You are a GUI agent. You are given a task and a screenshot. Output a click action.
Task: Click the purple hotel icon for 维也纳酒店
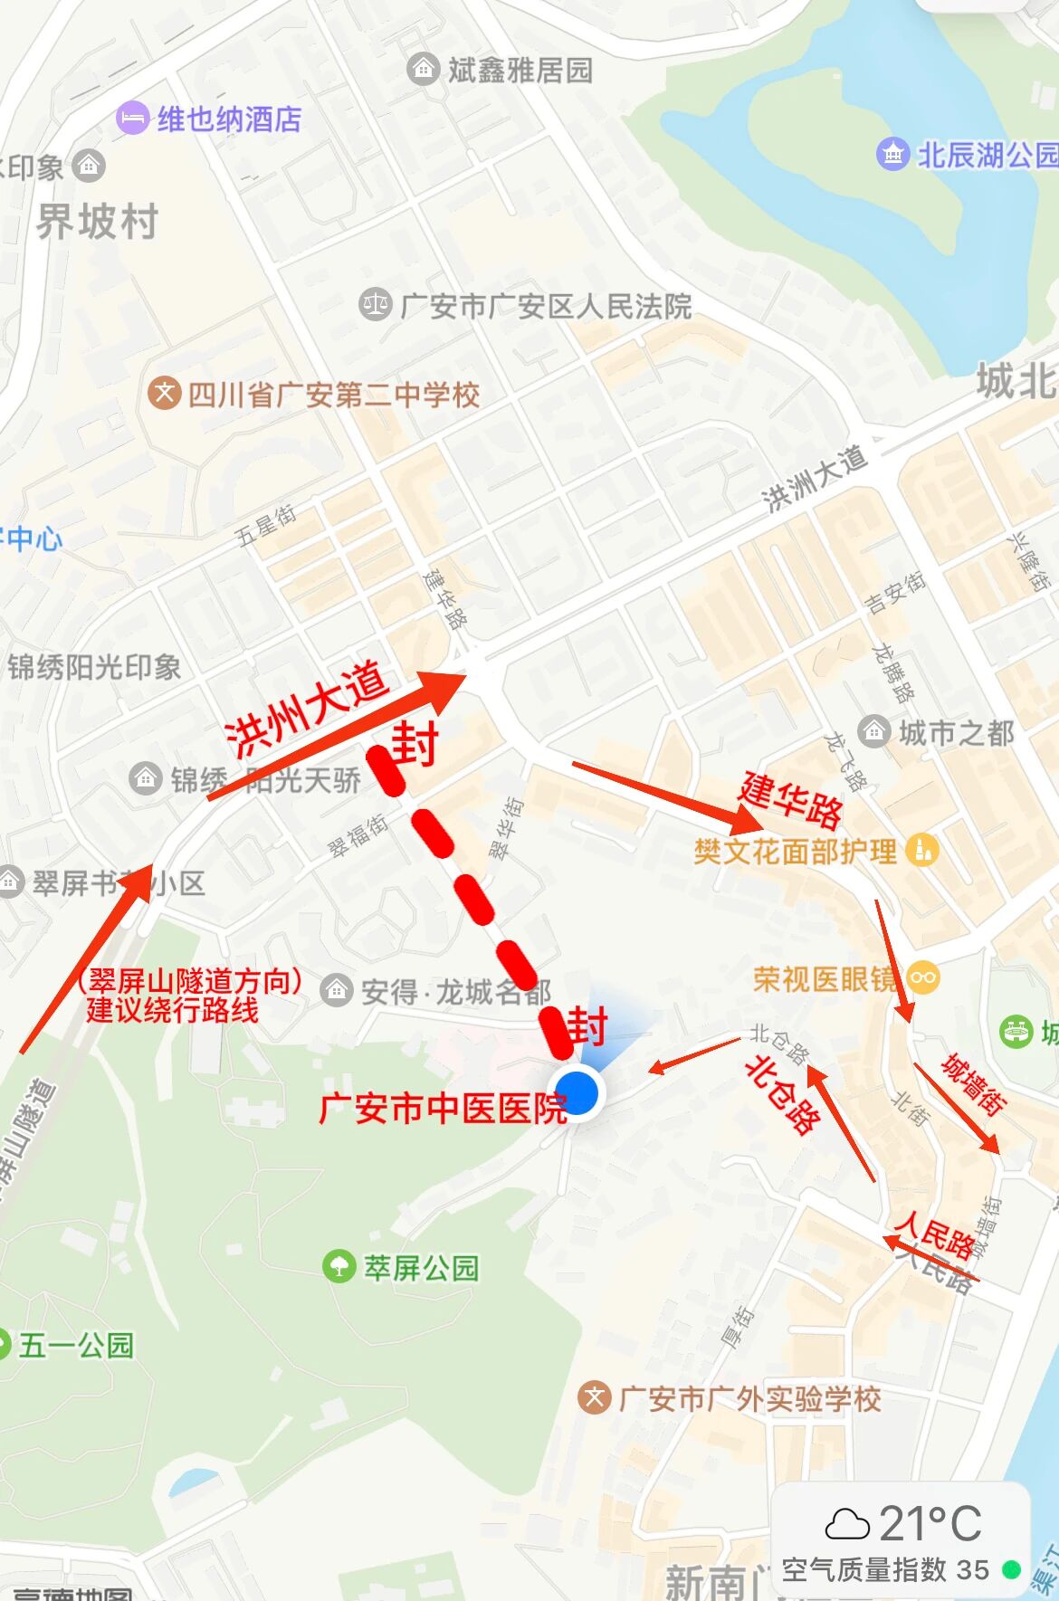[132, 118]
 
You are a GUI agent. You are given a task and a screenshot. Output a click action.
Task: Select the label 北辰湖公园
[987, 155]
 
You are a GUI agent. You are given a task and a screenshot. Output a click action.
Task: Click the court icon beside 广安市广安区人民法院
[375, 305]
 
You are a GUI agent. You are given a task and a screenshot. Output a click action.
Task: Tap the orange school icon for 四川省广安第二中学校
[164, 394]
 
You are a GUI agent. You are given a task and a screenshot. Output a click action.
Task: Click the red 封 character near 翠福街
[415, 744]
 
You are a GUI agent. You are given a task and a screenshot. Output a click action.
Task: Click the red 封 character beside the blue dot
[588, 1027]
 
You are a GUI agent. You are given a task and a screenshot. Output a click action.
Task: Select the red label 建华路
[791, 799]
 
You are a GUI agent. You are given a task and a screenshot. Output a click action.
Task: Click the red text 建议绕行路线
[172, 1010]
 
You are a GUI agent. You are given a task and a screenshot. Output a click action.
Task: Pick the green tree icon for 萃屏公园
[339, 1265]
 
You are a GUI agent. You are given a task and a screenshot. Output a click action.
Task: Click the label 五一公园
[76, 1345]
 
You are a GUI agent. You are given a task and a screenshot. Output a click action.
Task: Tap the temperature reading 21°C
[930, 1523]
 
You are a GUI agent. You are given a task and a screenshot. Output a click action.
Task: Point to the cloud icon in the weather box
[847, 1524]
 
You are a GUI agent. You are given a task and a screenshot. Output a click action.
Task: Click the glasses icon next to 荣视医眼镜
[923, 977]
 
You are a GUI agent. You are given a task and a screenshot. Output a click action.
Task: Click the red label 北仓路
[782, 1094]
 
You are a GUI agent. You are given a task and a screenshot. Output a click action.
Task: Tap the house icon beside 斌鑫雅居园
[423, 69]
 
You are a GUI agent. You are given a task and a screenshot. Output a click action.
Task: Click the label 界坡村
[98, 222]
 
